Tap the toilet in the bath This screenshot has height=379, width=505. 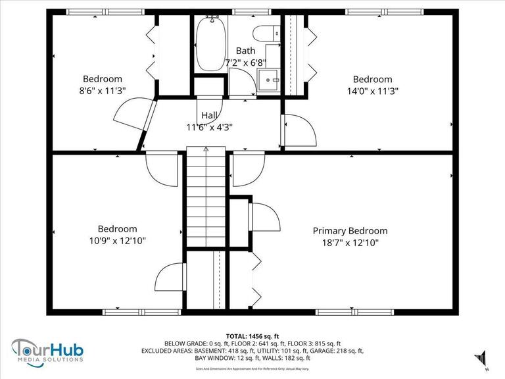(266, 34)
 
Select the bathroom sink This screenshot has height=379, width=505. (270, 80)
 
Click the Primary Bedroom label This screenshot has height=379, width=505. (350, 231)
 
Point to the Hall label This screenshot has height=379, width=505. (210, 115)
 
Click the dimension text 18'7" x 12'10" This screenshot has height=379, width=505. (350, 243)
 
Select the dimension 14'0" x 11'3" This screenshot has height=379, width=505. (372, 91)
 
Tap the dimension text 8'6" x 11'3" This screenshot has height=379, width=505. (102, 91)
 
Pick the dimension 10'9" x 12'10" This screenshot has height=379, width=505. (118, 241)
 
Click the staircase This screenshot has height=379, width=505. (206, 197)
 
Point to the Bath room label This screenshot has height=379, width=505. (246, 51)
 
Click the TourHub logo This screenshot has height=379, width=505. (49, 349)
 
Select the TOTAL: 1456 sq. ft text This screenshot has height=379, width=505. (252, 335)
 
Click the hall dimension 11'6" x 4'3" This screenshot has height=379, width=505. (210, 128)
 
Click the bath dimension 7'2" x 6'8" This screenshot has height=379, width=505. (246, 63)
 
